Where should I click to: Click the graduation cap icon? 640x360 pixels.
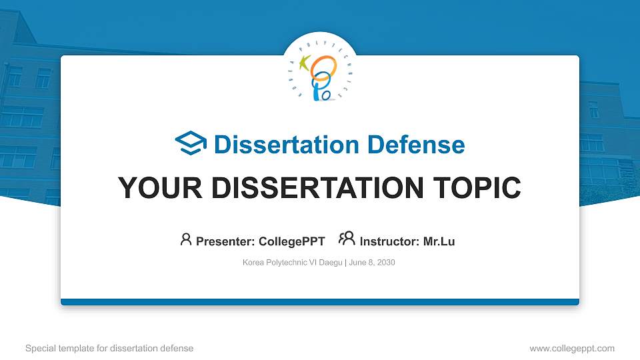coord(191,143)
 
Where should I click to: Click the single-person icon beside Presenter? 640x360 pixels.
coord(186,239)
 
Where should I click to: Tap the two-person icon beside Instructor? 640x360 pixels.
coord(347,239)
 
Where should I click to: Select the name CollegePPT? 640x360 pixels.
coord(292,241)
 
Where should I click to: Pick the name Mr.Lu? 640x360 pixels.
coord(439,241)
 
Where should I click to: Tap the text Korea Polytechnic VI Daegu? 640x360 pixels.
coord(292,263)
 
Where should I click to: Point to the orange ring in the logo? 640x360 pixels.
coord(325,67)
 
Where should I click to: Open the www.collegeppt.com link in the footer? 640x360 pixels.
coord(572,348)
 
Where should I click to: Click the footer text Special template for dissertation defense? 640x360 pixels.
coord(109,348)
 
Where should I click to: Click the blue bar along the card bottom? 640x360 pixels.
coord(320,302)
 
